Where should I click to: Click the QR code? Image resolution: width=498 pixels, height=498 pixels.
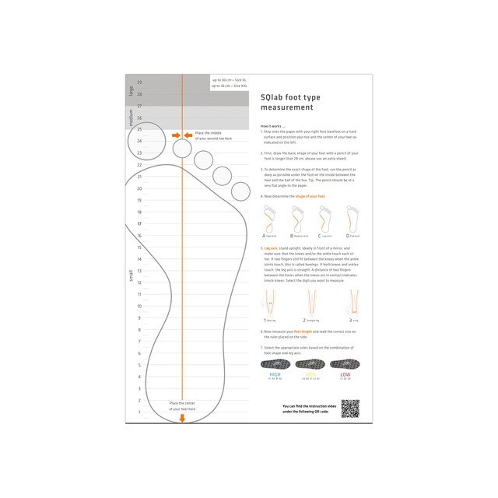pos(350,408)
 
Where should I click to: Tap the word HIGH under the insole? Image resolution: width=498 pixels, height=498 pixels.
pos(275,374)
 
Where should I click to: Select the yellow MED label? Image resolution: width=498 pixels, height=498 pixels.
pos(311,374)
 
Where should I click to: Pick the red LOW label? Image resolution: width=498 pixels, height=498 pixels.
pos(345,374)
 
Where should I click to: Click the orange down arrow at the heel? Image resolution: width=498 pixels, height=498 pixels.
pos(182,418)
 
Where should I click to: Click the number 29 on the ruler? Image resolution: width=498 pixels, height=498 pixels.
pos(139,82)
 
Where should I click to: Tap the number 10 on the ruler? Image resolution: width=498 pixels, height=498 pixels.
pos(139,307)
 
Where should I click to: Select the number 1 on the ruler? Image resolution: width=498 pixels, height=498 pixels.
pos(139,412)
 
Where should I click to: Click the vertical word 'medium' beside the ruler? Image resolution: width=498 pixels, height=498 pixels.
pos(131,117)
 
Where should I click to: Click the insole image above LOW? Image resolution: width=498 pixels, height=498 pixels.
pos(345,363)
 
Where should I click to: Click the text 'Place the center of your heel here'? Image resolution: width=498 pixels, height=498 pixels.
pos(182,405)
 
